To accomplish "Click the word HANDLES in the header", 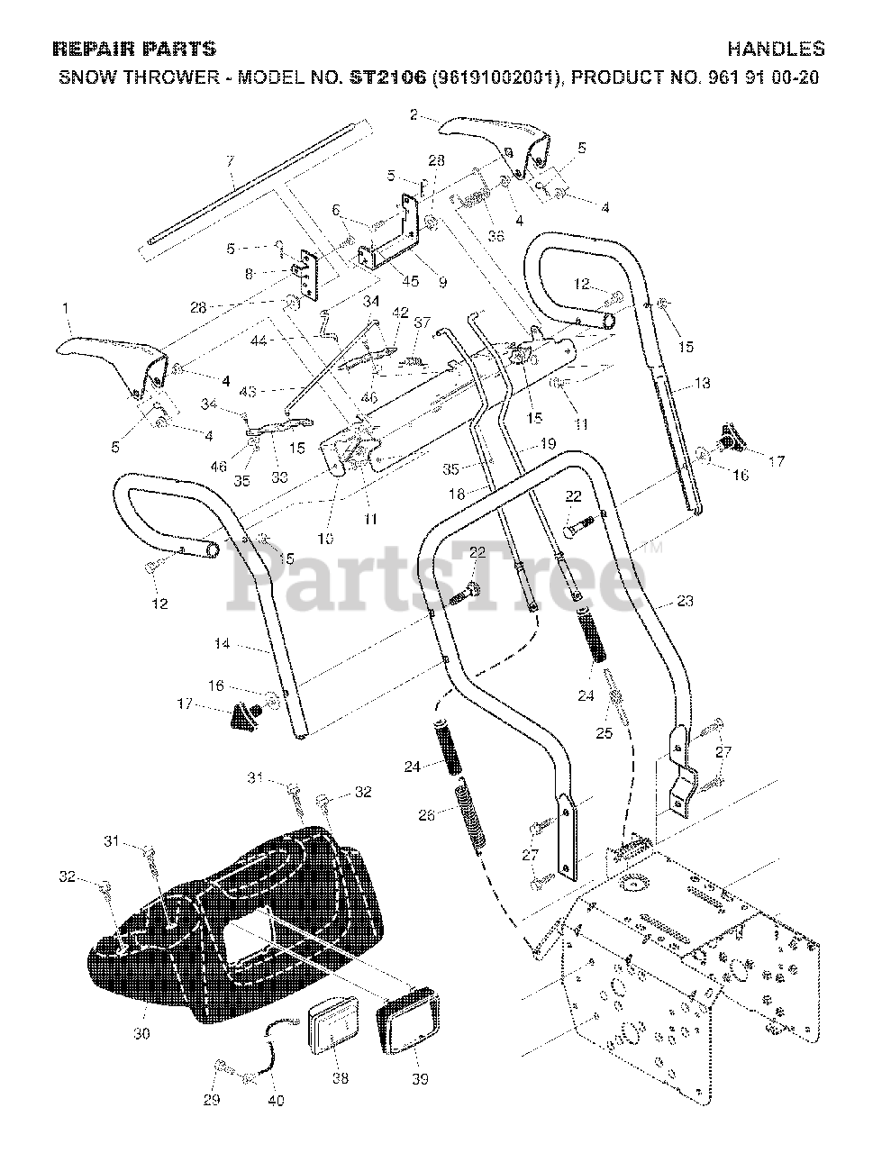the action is [x=776, y=50].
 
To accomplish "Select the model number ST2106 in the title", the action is [x=388, y=77].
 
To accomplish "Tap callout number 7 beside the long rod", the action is [x=230, y=160].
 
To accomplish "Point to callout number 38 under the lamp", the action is [x=341, y=1074].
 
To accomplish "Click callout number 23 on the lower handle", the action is [x=685, y=601].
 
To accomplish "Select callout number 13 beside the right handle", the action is [x=702, y=383].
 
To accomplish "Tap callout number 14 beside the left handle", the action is [x=223, y=644].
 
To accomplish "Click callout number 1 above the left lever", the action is [x=65, y=308].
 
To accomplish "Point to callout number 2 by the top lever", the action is [x=414, y=114].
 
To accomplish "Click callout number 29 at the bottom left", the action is [x=211, y=1100].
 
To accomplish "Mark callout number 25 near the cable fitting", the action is [x=604, y=732].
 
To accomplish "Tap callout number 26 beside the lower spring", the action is [x=427, y=814].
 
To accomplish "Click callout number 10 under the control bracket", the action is [x=325, y=539].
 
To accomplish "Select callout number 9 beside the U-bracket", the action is [x=441, y=282].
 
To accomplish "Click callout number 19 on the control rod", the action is [x=547, y=443].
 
